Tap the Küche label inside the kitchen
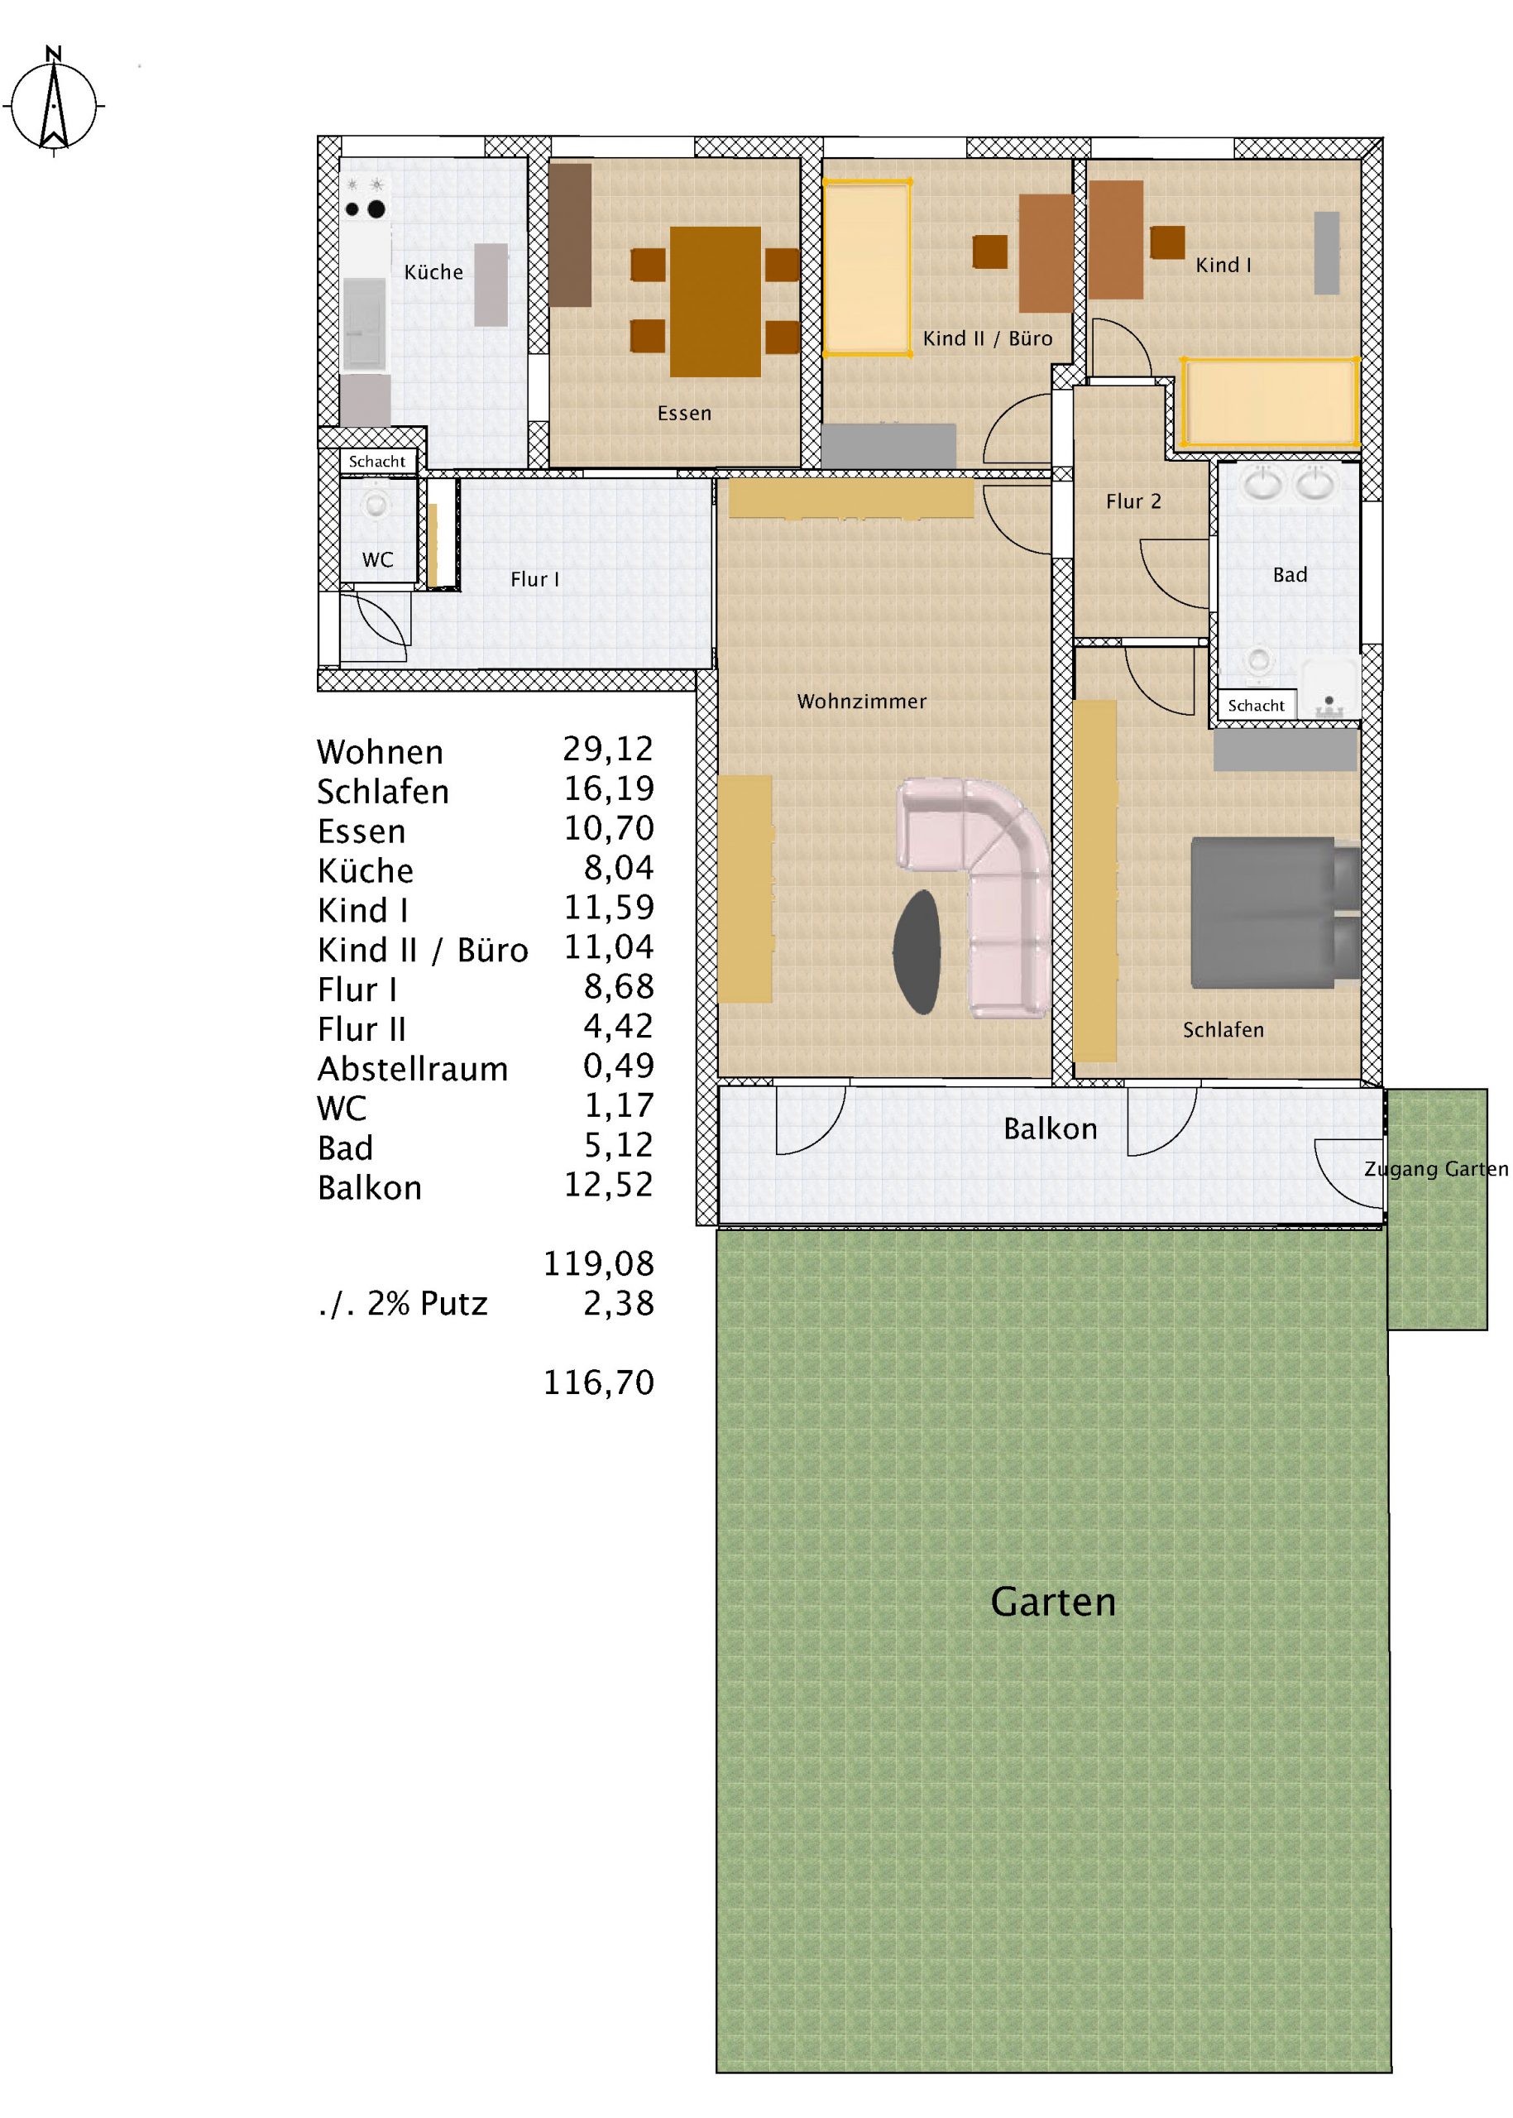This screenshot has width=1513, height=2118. (x=433, y=272)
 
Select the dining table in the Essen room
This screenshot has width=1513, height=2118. (x=715, y=302)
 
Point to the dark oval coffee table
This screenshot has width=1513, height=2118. (x=917, y=951)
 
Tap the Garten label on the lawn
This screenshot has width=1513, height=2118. (x=1053, y=1602)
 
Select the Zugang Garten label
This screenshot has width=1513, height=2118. (x=1436, y=1168)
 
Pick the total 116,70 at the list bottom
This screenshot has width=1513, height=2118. (x=599, y=1382)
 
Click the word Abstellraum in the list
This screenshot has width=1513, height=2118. (x=413, y=1069)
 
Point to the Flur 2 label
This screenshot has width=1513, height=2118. (x=1134, y=501)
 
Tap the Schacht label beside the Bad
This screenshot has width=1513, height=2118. (x=1256, y=706)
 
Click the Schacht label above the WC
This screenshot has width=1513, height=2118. (x=377, y=462)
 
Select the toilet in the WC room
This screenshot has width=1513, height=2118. (x=376, y=504)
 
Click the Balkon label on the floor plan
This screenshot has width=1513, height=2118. (x=1050, y=1128)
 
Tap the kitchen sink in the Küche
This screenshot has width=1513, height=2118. (x=364, y=323)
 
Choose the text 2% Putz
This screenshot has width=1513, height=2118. (x=428, y=1303)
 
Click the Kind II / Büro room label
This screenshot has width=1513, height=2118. (x=988, y=338)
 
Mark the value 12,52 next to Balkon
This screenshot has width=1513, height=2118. (x=608, y=1186)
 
